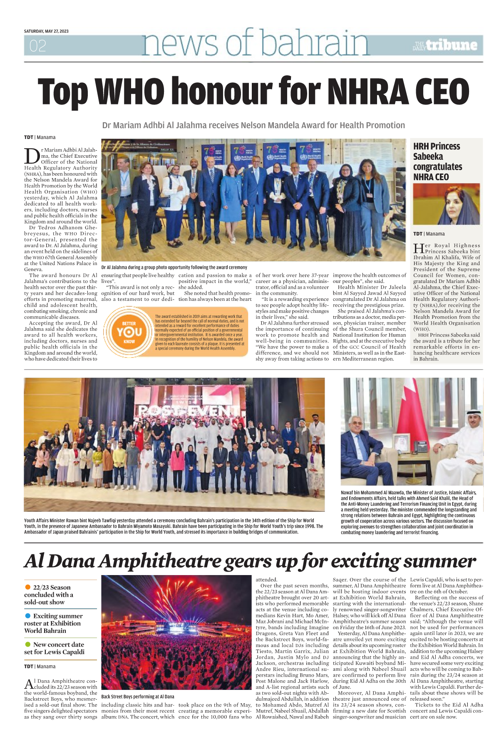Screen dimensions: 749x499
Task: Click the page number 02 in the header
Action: point(37,46)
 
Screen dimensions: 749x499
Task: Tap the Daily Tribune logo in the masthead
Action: point(445,45)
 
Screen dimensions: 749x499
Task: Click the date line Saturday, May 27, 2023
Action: point(46,31)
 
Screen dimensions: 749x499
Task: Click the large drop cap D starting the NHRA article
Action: point(32,156)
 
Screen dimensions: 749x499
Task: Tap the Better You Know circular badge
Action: point(129,332)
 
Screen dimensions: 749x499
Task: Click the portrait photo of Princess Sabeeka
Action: point(446,204)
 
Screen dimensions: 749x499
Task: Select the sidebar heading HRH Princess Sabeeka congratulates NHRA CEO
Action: point(437,161)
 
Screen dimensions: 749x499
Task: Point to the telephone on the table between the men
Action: point(420,447)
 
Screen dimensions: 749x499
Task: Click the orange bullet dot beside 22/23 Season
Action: point(28,587)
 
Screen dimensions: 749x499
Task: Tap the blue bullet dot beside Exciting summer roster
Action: point(28,616)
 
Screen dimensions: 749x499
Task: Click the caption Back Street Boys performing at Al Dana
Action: point(138,697)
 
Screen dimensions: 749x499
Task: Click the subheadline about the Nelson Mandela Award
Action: point(253,125)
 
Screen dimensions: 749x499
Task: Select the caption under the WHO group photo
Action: point(174,268)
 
